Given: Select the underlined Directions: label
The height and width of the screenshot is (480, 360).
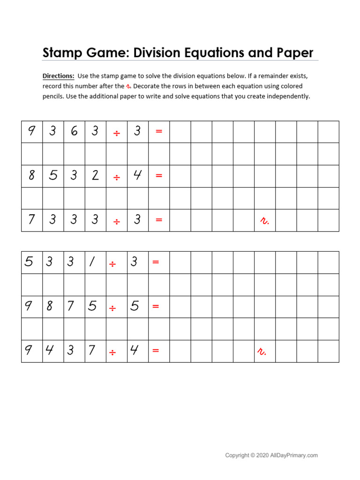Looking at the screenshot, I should click(58, 76).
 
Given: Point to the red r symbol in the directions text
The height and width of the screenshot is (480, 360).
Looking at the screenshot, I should click(128, 86).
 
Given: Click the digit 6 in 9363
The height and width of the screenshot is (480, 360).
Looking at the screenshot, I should click(74, 132).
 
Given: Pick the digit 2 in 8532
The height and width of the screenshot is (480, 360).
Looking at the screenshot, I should click(95, 176).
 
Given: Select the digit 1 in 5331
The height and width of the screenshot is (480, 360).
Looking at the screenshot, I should click(92, 262).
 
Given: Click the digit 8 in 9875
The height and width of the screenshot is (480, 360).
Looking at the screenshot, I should click(50, 307).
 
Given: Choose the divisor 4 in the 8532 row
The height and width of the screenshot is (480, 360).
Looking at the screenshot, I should click(137, 176).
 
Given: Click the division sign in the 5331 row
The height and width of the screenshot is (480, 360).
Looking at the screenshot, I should click(112, 264).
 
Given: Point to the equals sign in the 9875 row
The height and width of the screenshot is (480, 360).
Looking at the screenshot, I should click(156, 307).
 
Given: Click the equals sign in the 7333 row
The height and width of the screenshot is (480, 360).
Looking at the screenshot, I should click(159, 220).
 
